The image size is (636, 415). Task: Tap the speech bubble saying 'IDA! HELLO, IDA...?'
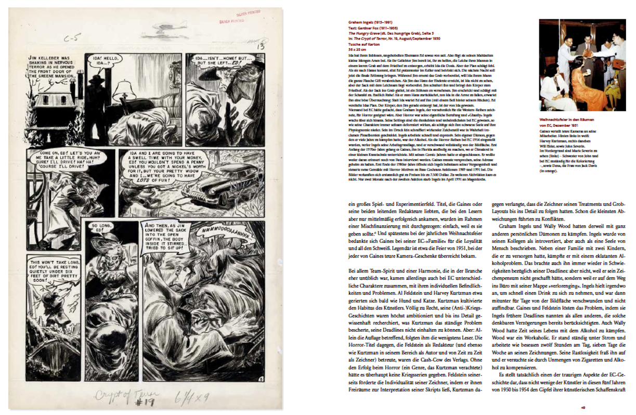pos(102,60)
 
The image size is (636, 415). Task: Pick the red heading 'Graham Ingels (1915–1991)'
pos(371,22)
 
